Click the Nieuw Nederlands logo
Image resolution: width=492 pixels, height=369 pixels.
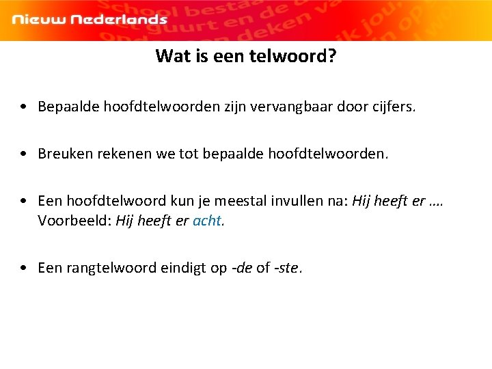coord(90,19)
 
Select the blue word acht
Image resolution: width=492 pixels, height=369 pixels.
coord(207,221)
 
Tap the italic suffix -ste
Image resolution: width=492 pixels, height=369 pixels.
coord(287,268)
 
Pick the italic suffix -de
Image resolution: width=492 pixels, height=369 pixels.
coord(243,268)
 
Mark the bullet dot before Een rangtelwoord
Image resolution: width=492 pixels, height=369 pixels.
coord(25,268)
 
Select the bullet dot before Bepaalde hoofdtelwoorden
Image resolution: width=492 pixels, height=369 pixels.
coord(25,107)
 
